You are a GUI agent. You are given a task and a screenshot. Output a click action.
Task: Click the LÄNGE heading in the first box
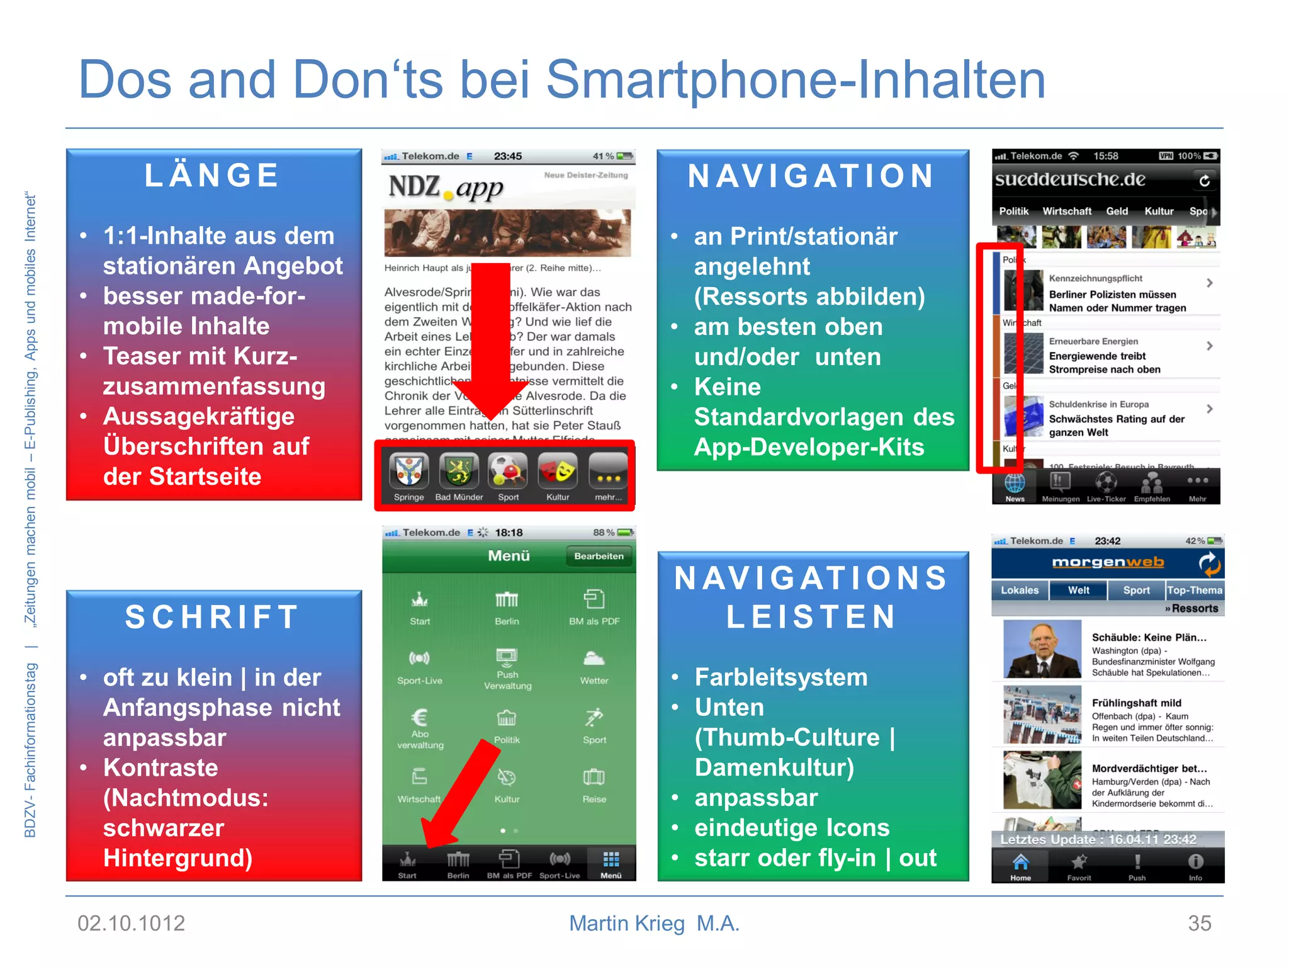tap(212, 176)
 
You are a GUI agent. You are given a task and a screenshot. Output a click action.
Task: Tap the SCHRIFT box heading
tap(212, 617)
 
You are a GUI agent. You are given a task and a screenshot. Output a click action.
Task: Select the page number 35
tap(1199, 923)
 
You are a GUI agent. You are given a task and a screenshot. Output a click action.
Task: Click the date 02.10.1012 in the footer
tap(131, 923)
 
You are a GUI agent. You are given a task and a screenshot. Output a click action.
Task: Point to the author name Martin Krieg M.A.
tap(654, 923)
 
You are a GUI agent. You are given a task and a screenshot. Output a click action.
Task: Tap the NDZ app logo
tap(446, 187)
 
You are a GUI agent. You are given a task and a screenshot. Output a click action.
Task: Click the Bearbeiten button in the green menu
tap(599, 556)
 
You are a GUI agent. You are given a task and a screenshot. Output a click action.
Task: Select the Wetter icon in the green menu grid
tap(594, 666)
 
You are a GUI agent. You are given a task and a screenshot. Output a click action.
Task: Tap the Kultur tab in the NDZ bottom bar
tap(558, 478)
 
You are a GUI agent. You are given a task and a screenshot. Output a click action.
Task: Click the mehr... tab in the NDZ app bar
tap(608, 478)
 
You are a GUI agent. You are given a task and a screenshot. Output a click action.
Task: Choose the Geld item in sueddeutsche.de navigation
tap(1117, 212)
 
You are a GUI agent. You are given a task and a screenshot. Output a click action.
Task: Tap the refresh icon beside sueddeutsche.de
tap(1204, 181)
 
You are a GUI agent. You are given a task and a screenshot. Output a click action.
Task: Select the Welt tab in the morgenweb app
tap(1078, 590)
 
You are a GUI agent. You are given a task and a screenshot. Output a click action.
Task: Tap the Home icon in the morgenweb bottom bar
tap(1020, 866)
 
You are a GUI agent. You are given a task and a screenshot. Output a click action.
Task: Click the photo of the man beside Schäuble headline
tap(1042, 648)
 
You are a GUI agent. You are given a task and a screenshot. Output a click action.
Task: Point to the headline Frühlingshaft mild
tap(1136, 703)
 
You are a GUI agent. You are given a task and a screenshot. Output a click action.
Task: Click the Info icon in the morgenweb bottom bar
tap(1195, 866)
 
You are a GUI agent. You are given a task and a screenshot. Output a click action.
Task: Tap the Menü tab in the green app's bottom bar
tap(611, 864)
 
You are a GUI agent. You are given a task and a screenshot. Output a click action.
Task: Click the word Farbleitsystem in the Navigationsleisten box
tap(781, 677)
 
